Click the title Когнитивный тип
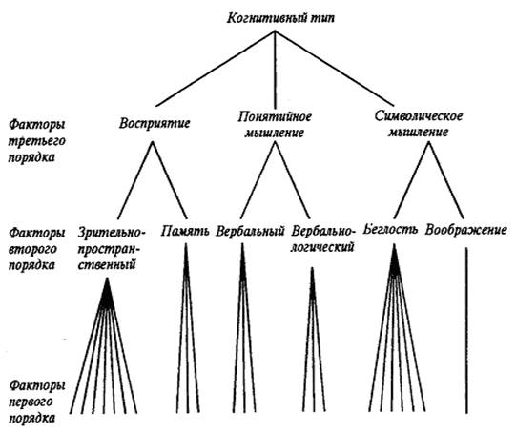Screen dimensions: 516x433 point(280,17)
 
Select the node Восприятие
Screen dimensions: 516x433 point(155,123)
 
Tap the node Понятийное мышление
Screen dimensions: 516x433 point(275,124)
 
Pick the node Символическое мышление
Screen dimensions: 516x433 point(419,124)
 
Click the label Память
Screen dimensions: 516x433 point(185,231)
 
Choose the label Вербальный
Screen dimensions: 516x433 point(250,231)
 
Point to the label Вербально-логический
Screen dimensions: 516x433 point(323,238)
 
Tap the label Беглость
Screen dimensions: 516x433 point(390,229)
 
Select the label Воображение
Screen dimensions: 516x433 point(465,230)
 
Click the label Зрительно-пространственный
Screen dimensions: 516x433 point(111,248)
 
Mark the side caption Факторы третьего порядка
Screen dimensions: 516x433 point(37,141)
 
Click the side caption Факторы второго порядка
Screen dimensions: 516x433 point(37,249)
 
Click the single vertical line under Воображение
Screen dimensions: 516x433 point(466,330)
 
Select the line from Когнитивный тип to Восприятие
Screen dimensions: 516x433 point(216,69)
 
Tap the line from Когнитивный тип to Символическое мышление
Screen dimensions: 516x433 point(335,69)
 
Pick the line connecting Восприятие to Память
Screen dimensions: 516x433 point(170,180)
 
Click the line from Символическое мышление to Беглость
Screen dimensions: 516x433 point(411,180)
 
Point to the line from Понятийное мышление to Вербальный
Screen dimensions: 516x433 point(258,180)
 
